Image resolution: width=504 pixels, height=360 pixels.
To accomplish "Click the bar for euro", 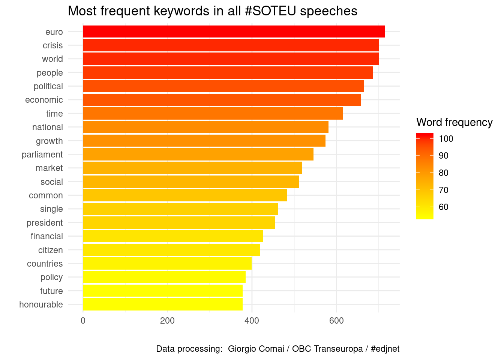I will pos(234,32).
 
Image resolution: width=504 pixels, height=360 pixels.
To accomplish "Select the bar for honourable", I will pos(163,304).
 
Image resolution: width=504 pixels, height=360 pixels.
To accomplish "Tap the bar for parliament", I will pos(198,154).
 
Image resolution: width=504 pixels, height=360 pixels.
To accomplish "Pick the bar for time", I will pos(213,114).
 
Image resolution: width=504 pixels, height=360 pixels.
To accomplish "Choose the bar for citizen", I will pos(171,250).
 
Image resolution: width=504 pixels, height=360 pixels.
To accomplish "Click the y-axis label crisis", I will pos(53,45).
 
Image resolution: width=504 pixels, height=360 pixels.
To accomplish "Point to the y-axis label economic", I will pos(44,100).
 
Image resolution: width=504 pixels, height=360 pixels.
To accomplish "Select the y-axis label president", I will pos(45,223).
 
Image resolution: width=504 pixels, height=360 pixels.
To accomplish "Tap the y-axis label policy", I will pos(51,277).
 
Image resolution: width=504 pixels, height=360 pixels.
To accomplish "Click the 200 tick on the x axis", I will pos(167,321).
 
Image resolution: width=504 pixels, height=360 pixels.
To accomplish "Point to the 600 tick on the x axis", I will pos(336,321).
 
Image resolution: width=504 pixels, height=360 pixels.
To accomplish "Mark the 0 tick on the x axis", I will pos(83,321).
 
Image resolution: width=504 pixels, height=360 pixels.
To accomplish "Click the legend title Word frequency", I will pos(454,123).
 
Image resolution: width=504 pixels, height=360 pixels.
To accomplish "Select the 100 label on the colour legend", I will pos(446,139).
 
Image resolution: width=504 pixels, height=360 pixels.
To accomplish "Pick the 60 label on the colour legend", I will pos(444,207).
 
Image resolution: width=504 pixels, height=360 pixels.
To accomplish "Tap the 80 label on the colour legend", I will pos(444,173).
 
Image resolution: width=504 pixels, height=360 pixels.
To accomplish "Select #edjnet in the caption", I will pos(385,349).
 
